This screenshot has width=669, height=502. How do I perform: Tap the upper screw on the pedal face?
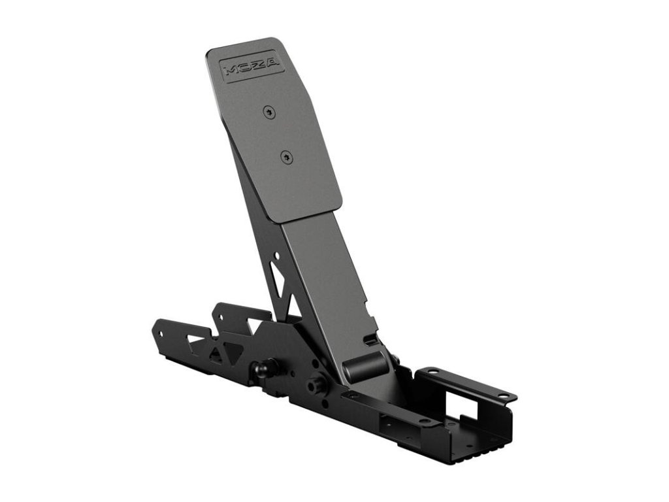click(269, 112)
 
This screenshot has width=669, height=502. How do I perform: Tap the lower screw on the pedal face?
click(286, 156)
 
